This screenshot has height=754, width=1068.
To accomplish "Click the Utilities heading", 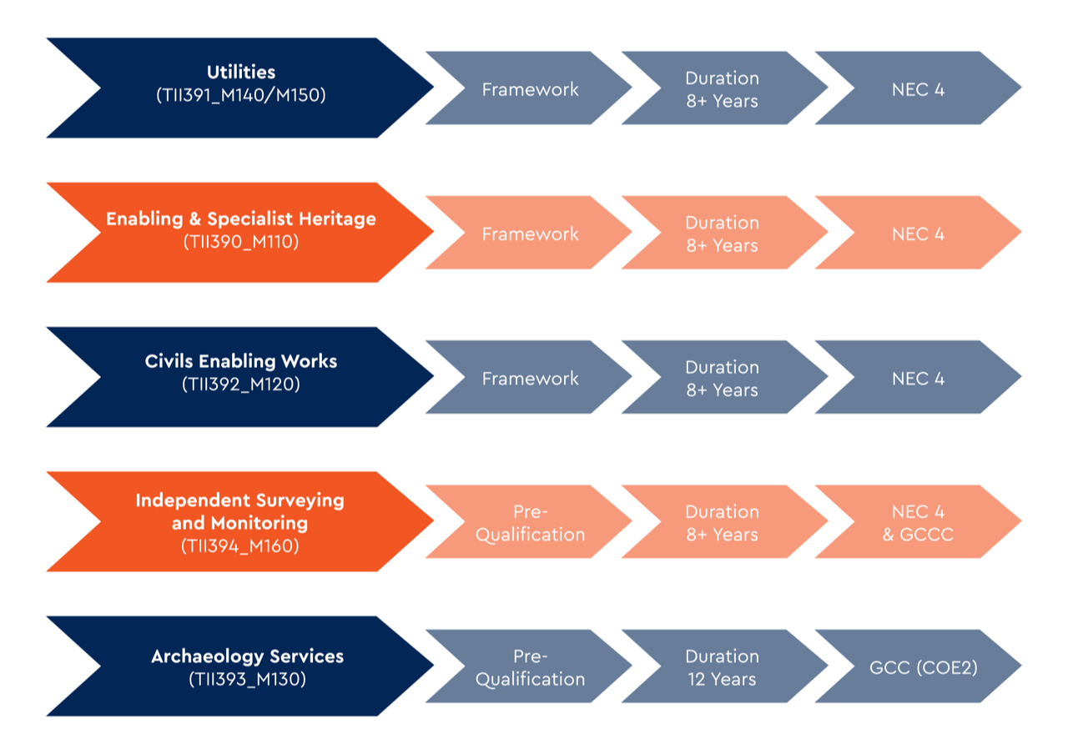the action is coord(241,72).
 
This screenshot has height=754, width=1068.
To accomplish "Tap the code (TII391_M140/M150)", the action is coord(241,95).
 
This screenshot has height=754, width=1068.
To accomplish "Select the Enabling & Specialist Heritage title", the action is coord(241,219).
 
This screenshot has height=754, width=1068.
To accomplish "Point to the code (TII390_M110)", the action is coord(241,242).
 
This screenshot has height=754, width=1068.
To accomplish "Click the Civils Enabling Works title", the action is coord(241,361).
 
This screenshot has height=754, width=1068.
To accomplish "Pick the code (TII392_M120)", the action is coord(241,384).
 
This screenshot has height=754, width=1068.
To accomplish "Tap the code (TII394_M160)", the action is coord(239,545).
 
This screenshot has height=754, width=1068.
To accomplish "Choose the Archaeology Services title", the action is coord(248,656).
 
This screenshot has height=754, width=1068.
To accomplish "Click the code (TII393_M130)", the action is coord(248,679).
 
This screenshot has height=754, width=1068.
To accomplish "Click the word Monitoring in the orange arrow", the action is coord(259,523).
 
